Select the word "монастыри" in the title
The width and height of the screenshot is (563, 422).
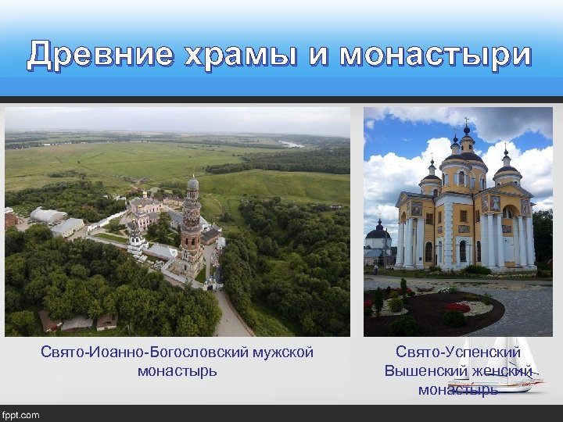tap(436, 55)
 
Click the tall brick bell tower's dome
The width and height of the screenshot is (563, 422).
tap(192, 184)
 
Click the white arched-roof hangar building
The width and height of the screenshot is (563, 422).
tap(48, 215)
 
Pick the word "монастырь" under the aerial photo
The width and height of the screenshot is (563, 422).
tap(178, 370)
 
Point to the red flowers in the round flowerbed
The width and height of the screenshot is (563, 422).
tap(456, 307)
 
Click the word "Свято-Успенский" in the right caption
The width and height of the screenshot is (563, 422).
tap(457, 352)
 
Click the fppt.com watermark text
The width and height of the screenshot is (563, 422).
tap(21, 414)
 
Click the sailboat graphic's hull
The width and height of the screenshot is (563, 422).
tap(495, 385)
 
